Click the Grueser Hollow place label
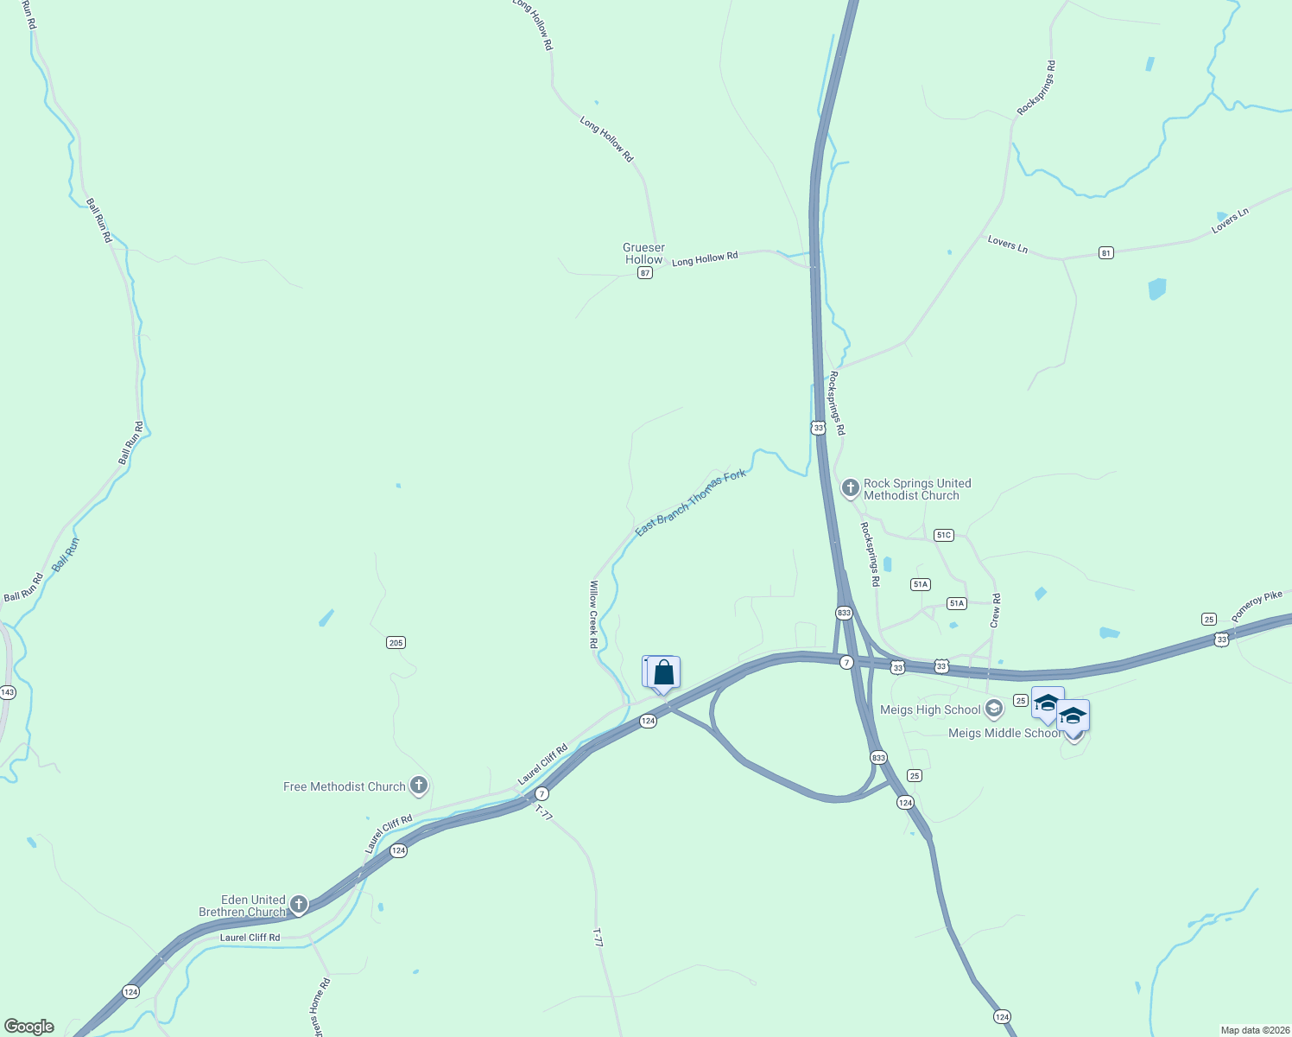pos(643,253)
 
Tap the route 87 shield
pos(644,273)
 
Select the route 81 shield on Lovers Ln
pos(1106,252)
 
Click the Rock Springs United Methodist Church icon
pos(850,488)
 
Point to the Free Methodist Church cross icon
pos(419,786)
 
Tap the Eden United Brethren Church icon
pos(299,905)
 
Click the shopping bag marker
pos(663,672)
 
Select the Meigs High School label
pos(930,709)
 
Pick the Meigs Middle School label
pos(1004,733)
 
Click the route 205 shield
pos(396,642)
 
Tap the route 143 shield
pos(8,692)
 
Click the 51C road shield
pos(944,535)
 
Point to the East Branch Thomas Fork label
pos(690,503)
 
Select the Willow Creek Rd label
pos(593,614)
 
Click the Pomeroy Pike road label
pos(1258,606)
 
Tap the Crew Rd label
pos(996,610)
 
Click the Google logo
pos(29,1026)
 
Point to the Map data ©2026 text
pos(1254,1030)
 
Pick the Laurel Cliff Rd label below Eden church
pos(250,938)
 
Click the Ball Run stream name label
pos(66,554)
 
